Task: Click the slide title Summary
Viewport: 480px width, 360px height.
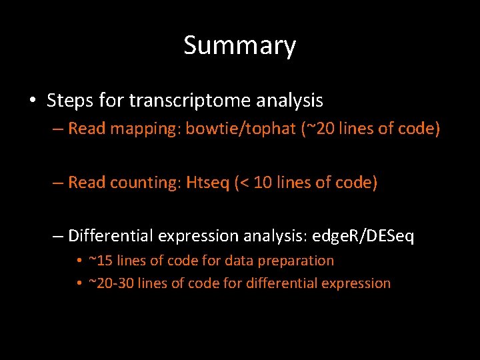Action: coord(239,46)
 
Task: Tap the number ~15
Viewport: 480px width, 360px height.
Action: coord(102,261)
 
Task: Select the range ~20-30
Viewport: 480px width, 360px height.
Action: coord(113,283)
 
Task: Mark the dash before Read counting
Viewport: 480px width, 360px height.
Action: coord(59,182)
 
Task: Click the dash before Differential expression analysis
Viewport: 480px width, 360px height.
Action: coord(59,236)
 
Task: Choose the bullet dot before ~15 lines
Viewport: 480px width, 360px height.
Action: coord(79,261)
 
